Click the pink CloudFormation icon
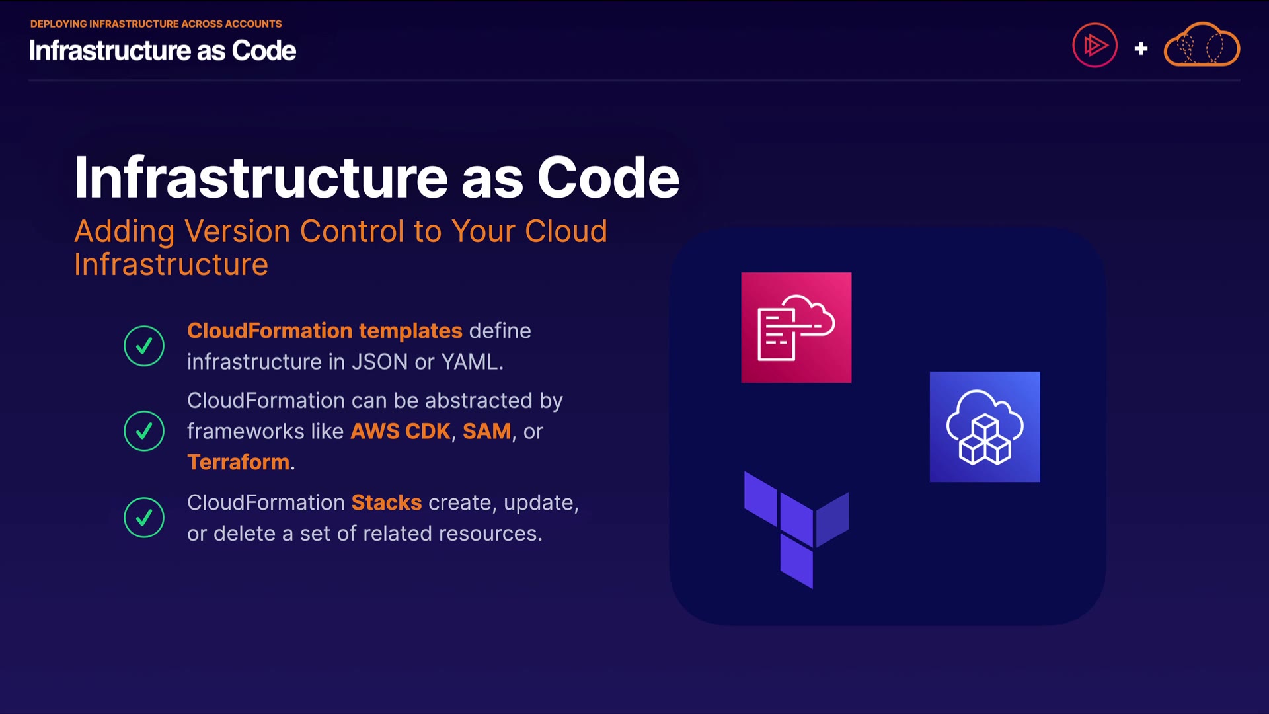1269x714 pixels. pyautogui.click(x=796, y=327)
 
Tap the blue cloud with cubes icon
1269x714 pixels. pyautogui.click(x=984, y=426)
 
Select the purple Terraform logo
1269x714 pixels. pyautogui.click(x=796, y=530)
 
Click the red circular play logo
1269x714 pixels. pyautogui.click(x=1095, y=46)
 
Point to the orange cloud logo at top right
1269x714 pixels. pyautogui.click(x=1202, y=45)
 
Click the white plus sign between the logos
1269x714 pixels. pyautogui.click(x=1141, y=48)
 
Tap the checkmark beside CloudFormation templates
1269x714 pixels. pyautogui.click(x=144, y=346)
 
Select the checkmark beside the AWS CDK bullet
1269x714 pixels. pyautogui.click(x=144, y=431)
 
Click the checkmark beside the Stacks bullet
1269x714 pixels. pyautogui.click(x=144, y=518)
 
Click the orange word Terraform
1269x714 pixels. pyautogui.click(x=238, y=462)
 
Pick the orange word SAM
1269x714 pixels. pyautogui.click(x=486, y=431)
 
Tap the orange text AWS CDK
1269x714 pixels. pyautogui.click(x=400, y=431)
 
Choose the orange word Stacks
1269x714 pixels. pyautogui.click(x=386, y=502)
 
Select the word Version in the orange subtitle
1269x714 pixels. pyautogui.click(x=237, y=231)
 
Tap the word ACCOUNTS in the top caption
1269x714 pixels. pyautogui.click(x=253, y=24)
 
